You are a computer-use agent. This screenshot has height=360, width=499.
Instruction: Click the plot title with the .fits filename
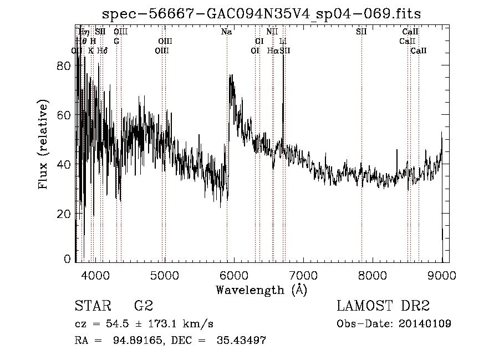[x=262, y=13]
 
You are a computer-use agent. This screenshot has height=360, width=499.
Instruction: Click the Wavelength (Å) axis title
[x=261, y=290]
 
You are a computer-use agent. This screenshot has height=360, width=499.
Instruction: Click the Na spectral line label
[x=226, y=32]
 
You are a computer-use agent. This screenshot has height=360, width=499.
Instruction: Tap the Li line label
[x=283, y=41]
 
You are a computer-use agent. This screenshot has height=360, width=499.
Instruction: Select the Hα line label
[x=272, y=50]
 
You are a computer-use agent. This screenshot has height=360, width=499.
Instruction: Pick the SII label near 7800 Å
[x=361, y=32]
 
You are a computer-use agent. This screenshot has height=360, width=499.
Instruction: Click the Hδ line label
[x=102, y=50]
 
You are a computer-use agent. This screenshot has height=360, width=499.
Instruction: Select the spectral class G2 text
[x=143, y=306]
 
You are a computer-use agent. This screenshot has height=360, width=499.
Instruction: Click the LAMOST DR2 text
[x=383, y=306]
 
